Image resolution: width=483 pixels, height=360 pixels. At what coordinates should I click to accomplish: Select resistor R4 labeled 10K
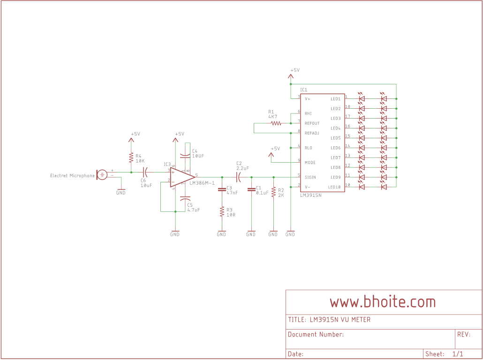tap(131, 158)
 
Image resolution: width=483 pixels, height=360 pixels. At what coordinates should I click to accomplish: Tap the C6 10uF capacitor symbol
tap(145, 172)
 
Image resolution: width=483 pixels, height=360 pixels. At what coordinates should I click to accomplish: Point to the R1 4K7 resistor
tap(276, 123)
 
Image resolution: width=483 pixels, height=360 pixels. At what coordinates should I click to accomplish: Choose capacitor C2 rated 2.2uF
tap(239, 177)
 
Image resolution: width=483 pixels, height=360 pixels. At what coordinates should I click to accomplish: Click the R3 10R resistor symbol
tap(222, 212)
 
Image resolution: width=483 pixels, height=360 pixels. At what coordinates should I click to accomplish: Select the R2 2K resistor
tap(273, 193)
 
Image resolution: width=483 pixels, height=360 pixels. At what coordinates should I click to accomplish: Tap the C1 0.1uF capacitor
tap(251, 190)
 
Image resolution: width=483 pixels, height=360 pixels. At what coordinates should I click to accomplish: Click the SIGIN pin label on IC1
tap(310, 177)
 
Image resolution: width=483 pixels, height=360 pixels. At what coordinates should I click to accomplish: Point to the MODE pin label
tap(310, 163)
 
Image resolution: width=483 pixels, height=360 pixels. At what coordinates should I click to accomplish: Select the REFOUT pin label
tap(312, 123)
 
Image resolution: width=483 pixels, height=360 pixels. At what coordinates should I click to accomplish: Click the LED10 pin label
tap(335, 187)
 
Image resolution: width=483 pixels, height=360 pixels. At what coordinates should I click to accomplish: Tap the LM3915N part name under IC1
tap(310, 195)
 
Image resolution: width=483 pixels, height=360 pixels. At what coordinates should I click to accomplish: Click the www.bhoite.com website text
tap(383, 302)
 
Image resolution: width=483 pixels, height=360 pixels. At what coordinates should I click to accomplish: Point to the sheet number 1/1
tap(458, 354)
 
